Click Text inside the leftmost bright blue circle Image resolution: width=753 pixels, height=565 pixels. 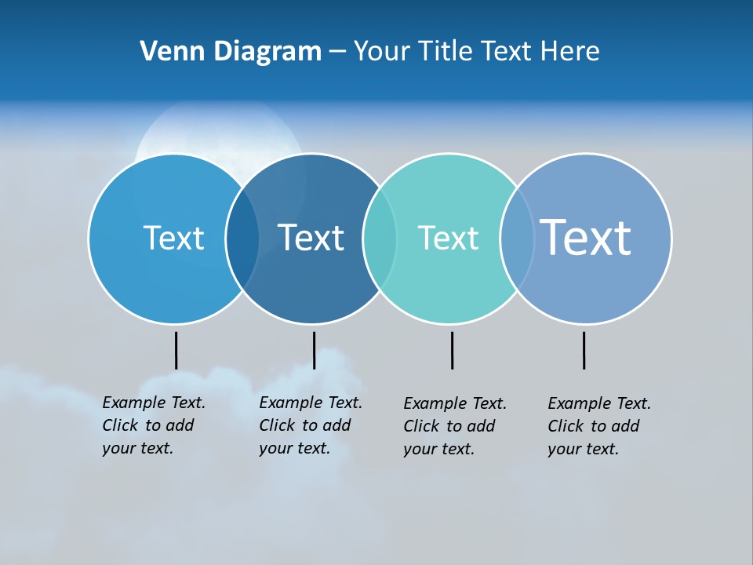click(x=173, y=238)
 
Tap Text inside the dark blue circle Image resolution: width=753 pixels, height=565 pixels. click(x=311, y=238)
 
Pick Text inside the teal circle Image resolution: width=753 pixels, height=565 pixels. click(x=448, y=238)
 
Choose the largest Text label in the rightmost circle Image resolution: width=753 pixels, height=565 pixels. click(x=585, y=237)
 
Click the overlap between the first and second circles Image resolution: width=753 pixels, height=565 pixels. click(x=242, y=239)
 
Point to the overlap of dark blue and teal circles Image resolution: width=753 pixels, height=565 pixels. click(x=380, y=239)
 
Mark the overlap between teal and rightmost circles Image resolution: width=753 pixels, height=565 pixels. click(x=517, y=239)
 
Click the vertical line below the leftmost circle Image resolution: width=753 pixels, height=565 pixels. click(x=176, y=350)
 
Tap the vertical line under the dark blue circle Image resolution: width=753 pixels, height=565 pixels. click(x=314, y=350)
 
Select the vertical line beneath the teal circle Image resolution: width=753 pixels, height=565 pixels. click(x=452, y=350)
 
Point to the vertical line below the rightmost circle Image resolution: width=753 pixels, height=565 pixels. click(x=584, y=350)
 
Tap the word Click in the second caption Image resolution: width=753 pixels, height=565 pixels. click(x=277, y=425)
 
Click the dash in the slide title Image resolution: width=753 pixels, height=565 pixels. click(x=337, y=52)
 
